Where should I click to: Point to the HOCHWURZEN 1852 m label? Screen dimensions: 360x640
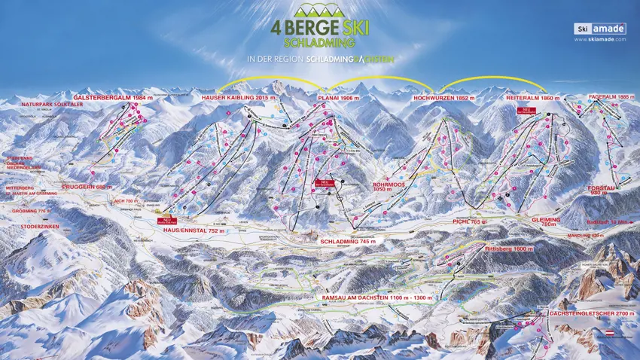click(444, 98)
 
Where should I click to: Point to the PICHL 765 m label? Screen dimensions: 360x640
click(473, 223)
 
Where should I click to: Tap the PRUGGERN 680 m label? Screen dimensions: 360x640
click(87, 187)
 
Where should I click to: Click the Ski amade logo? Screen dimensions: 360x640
click(599, 29)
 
